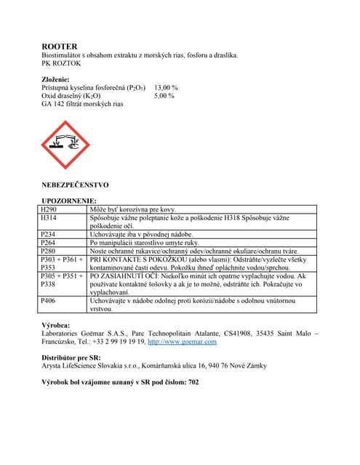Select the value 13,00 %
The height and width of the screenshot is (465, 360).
tap(166, 87)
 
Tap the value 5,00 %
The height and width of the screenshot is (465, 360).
tap(164, 95)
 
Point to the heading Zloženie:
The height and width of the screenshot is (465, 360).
tap(56, 79)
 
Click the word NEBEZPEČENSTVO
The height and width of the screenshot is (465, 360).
tap(76, 185)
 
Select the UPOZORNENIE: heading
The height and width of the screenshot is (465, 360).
tap(68, 201)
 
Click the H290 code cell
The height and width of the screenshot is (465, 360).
tap(49, 209)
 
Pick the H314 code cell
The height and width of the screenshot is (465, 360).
tap(49, 217)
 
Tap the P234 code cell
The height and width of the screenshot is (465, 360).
tap(49, 234)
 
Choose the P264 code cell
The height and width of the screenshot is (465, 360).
tap(49, 243)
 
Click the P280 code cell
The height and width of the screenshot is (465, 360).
tap(49, 251)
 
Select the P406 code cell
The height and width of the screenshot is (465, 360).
tap(49, 301)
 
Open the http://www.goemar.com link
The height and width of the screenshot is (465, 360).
tap(182, 341)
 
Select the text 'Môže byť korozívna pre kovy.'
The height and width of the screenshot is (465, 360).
tap(132, 209)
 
